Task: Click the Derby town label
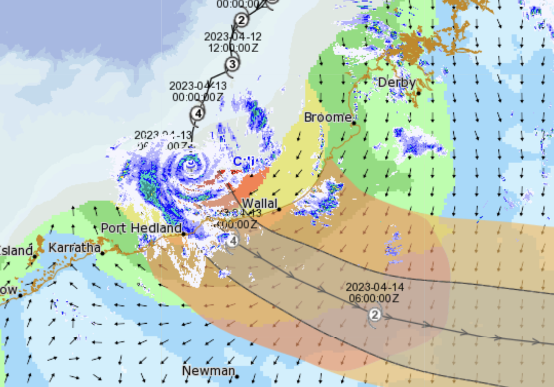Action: click(x=396, y=82)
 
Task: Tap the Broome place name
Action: click(x=328, y=117)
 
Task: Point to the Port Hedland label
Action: click(x=141, y=228)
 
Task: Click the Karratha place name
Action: click(x=74, y=247)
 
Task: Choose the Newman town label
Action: click(x=208, y=370)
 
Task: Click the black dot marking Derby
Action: click(x=418, y=93)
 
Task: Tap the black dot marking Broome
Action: click(x=354, y=123)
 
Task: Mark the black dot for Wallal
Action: click(x=279, y=209)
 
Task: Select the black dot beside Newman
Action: click(x=237, y=377)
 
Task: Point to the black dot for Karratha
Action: click(x=102, y=253)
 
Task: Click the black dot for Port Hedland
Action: click(x=184, y=234)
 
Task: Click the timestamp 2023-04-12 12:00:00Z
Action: click(x=232, y=42)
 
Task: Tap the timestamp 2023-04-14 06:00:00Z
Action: click(x=375, y=292)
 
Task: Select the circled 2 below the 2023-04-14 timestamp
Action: click(x=375, y=315)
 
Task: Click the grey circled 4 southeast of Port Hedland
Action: click(x=232, y=241)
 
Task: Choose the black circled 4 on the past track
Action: click(x=197, y=113)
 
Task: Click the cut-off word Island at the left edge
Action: click(x=16, y=250)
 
